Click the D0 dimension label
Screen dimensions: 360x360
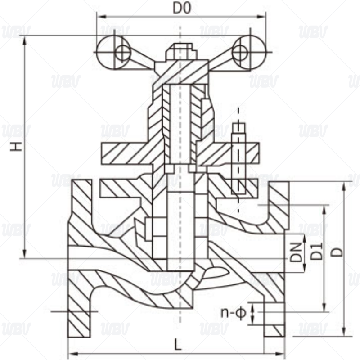(182, 8)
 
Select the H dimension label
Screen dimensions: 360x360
(17, 146)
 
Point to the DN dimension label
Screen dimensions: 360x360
(295, 252)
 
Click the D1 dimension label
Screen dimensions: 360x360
(317, 251)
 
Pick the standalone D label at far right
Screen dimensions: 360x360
(338, 251)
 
